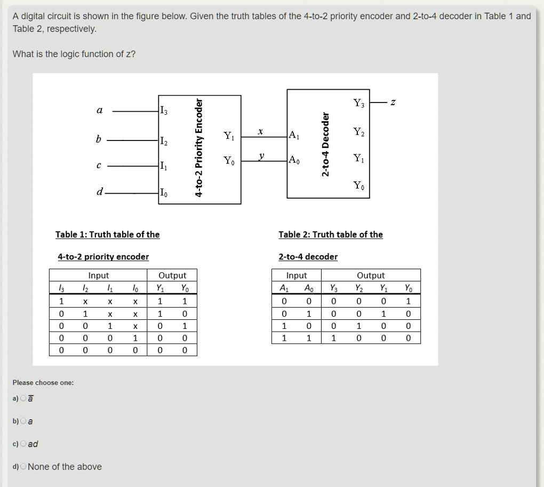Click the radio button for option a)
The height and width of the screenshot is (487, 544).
(x=23, y=399)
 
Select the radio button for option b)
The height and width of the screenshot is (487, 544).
(x=23, y=421)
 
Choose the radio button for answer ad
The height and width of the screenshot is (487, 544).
(x=23, y=444)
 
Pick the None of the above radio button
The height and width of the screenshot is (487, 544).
(x=23, y=467)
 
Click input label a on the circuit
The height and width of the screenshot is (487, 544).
(x=99, y=110)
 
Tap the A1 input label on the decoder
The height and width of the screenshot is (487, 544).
(x=294, y=135)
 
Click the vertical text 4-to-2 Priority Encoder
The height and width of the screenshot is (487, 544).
(x=199, y=148)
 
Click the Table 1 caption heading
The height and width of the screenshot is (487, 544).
(x=107, y=234)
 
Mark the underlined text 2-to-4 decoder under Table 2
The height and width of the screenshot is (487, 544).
(x=308, y=257)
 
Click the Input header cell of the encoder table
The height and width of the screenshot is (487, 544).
(x=98, y=276)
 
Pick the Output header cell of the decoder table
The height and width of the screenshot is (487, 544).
(x=370, y=276)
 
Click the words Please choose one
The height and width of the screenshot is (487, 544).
(x=43, y=383)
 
